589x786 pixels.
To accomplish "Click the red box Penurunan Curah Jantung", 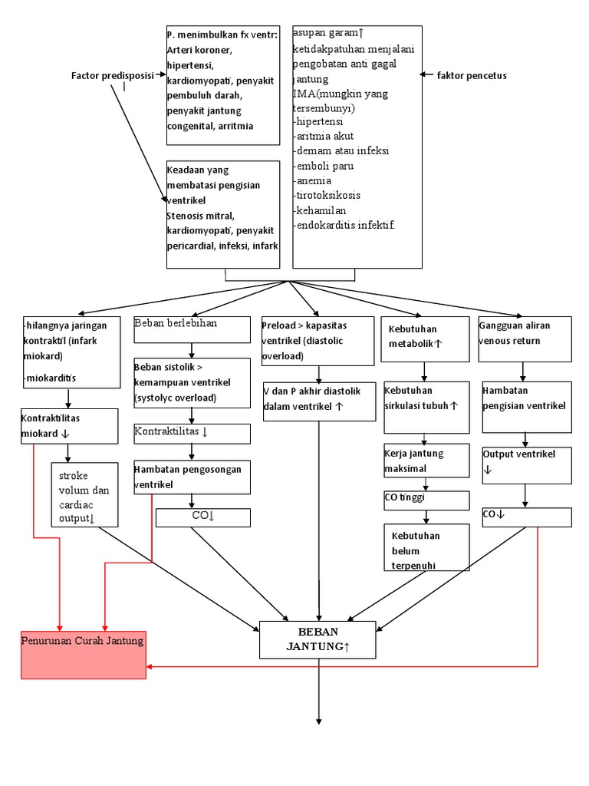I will [x=83, y=654].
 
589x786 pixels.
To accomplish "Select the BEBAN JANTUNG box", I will [x=318, y=639].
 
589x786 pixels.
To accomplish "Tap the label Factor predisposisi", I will [x=112, y=75].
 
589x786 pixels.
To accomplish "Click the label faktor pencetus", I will [x=472, y=75].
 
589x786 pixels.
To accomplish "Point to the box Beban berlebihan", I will [x=192, y=332].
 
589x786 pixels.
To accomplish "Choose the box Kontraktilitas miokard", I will [x=69, y=426].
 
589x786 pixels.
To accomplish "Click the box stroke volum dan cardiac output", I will [x=84, y=494].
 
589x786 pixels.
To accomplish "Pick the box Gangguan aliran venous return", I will [x=524, y=338].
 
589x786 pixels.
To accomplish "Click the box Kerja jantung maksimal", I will [x=426, y=461].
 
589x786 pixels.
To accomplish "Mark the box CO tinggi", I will [x=426, y=500].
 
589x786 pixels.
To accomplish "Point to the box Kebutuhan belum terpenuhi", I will [x=426, y=547].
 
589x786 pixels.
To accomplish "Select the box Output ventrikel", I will [x=525, y=464].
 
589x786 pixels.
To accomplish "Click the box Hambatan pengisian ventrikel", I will [x=525, y=407].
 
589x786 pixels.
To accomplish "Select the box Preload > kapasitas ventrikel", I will [x=318, y=340].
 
